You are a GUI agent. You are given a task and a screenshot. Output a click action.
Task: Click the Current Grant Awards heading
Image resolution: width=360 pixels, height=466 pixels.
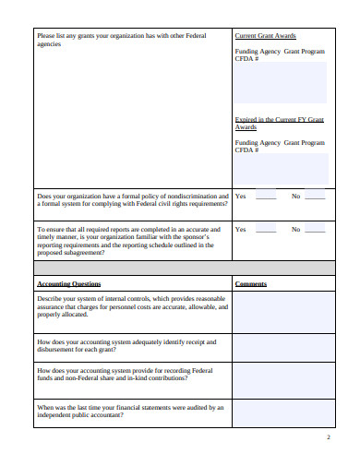(266, 35)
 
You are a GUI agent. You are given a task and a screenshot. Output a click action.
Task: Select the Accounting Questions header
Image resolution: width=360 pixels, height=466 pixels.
(69, 283)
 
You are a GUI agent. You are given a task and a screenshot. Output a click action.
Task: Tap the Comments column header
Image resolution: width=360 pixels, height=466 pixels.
(251, 283)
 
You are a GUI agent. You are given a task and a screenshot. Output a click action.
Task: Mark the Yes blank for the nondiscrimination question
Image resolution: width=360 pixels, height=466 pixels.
(266, 197)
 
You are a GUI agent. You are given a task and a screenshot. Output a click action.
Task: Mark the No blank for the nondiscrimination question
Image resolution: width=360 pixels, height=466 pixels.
(315, 197)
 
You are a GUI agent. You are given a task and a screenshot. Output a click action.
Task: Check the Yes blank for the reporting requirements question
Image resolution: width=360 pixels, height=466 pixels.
(266, 230)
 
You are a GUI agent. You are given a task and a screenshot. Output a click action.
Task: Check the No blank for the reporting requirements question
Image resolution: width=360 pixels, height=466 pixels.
(315, 230)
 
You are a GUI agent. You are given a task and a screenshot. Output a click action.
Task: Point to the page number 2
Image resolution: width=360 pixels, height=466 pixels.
(329, 436)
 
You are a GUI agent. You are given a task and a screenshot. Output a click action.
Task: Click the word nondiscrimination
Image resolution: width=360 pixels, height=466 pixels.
(192, 196)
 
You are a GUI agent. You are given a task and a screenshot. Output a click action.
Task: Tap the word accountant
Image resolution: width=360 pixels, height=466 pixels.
(105, 414)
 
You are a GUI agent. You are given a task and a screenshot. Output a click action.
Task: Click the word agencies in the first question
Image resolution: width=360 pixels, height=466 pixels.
(49, 43)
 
